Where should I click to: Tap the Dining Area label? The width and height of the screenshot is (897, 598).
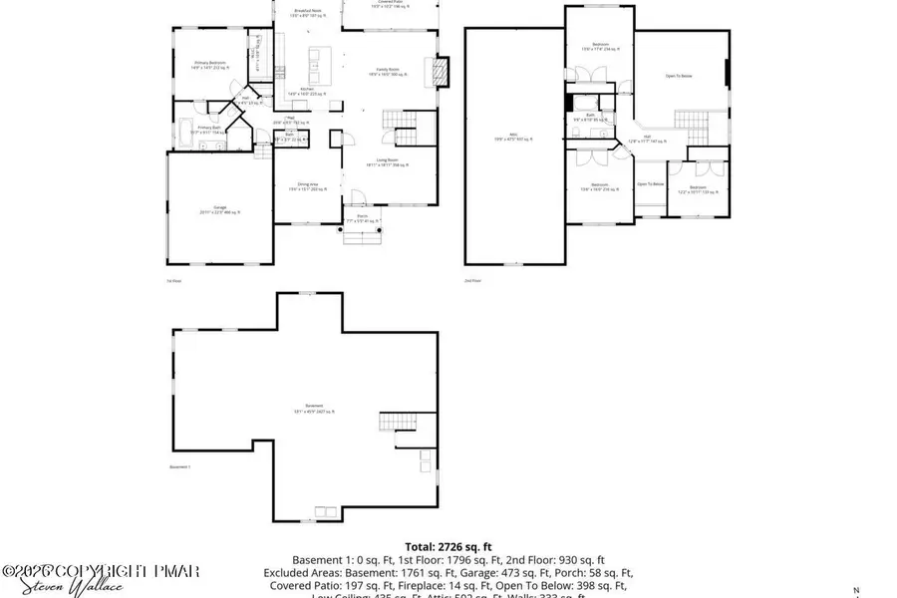click(x=308, y=186)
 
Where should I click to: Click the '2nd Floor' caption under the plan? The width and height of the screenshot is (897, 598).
click(x=472, y=281)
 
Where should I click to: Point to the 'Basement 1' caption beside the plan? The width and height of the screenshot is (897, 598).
click(x=179, y=466)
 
